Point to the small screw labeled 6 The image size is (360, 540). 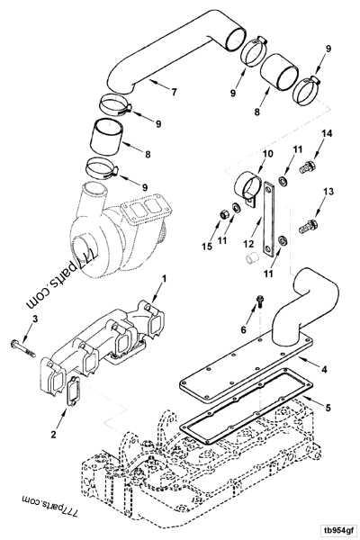[257, 306]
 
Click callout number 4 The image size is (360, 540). [323, 368]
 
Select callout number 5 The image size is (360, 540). [328, 408]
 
